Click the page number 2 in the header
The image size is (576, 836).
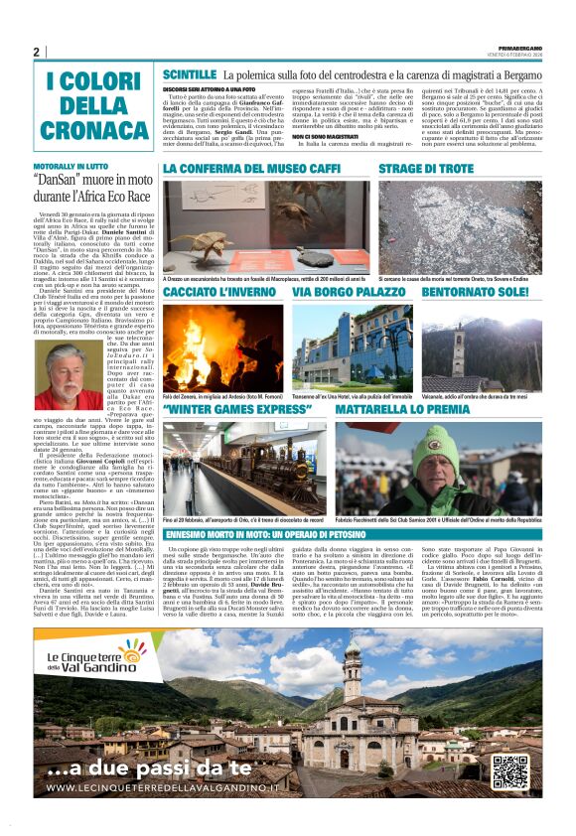37,52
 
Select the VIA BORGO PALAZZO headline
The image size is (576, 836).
348,295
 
